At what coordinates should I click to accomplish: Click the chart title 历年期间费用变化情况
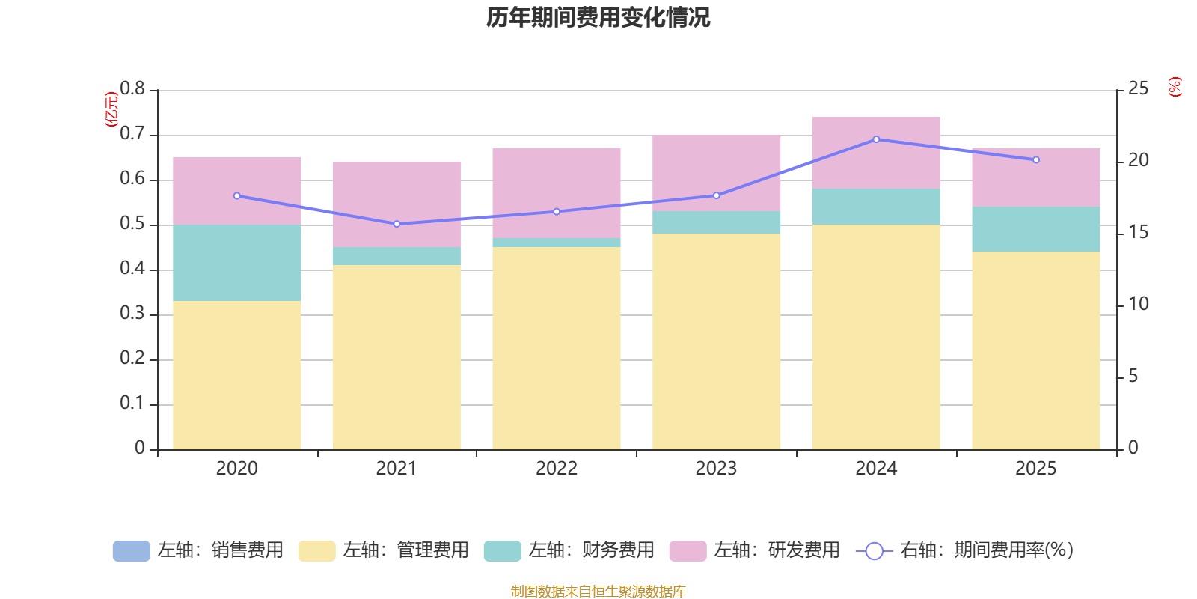tap(598, 17)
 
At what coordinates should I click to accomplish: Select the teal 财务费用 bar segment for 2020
tap(236, 263)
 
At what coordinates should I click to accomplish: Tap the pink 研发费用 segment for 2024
tap(875, 153)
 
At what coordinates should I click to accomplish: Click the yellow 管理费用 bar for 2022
tap(556, 348)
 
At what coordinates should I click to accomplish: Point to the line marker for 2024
tap(876, 139)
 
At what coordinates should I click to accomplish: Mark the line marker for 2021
tap(397, 224)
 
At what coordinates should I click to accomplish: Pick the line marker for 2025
tap(1035, 159)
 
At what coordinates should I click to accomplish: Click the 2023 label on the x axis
tap(716, 469)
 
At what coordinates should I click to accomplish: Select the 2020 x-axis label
tap(236, 469)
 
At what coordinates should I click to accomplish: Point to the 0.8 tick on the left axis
tap(132, 89)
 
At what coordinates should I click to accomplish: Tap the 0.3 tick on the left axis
tap(132, 314)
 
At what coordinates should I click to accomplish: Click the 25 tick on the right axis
tap(1138, 89)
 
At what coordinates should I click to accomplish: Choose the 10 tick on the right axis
tap(1138, 304)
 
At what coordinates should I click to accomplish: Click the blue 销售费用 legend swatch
tap(131, 551)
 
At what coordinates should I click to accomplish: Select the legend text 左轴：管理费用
tap(405, 550)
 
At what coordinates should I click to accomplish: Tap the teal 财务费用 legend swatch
tap(502, 551)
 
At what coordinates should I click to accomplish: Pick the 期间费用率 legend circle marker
tap(874, 551)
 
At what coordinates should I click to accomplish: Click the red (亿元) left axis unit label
tap(111, 109)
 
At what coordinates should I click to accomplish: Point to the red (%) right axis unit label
tap(1175, 87)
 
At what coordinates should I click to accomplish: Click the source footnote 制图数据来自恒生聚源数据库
tap(598, 592)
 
